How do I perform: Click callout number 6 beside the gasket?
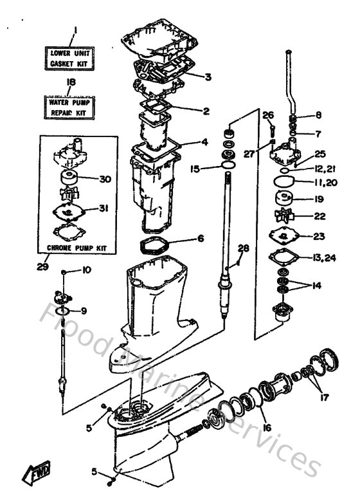(x=201, y=238)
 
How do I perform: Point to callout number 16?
(x=266, y=427)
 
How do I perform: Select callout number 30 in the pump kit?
(x=104, y=180)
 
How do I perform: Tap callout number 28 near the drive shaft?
(x=243, y=248)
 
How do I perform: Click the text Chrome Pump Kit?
(x=77, y=247)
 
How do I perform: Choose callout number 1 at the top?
(x=75, y=30)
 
